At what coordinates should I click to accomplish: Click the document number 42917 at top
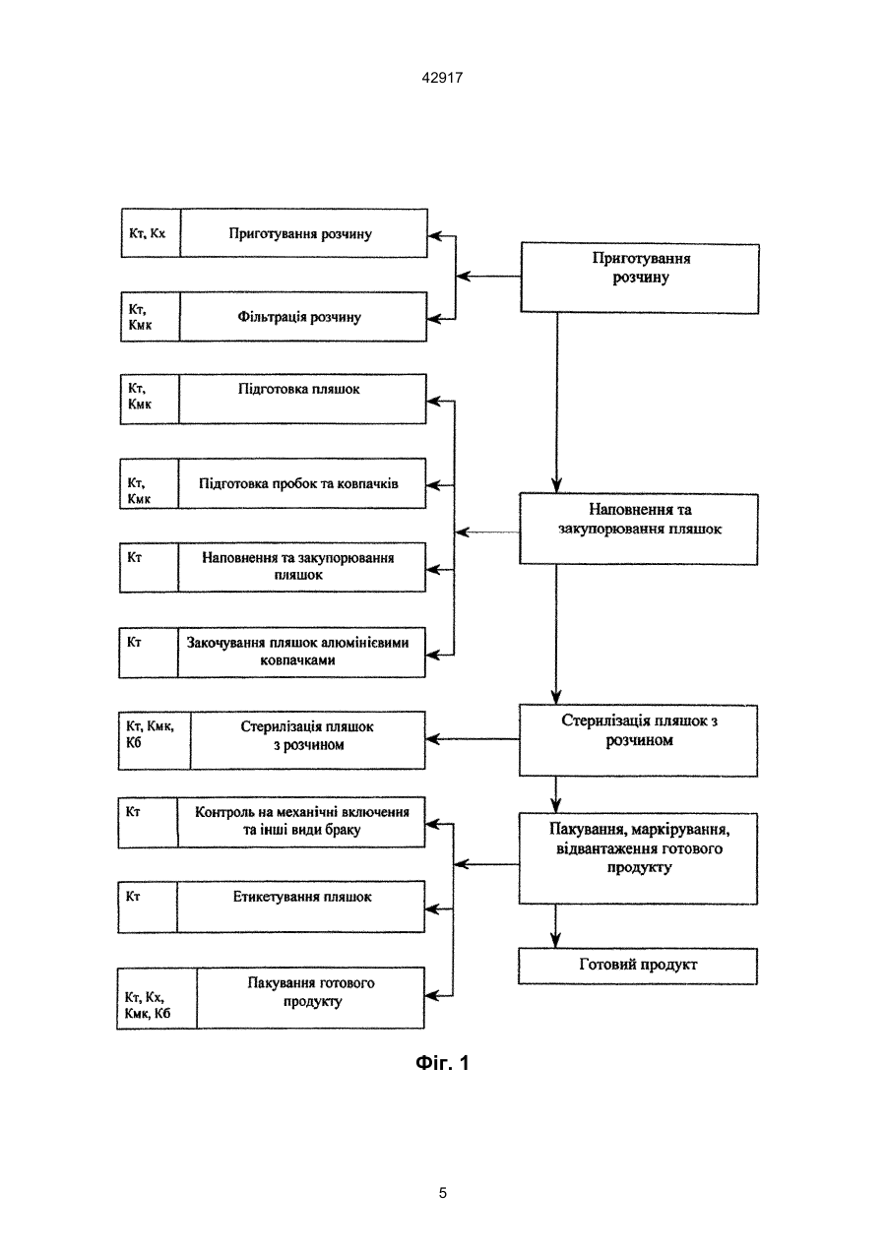coord(442,78)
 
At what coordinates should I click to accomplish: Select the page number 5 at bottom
coord(442,1193)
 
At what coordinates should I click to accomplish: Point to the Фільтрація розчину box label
coord(299,317)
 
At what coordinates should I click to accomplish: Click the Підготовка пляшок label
coord(298,390)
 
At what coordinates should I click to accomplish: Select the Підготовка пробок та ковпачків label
coord(298,484)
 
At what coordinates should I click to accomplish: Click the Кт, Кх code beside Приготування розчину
coord(147,233)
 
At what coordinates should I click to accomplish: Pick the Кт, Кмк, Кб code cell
coord(150,735)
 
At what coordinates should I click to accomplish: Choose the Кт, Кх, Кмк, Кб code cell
coord(148,1006)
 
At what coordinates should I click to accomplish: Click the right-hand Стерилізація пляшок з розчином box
coord(638,740)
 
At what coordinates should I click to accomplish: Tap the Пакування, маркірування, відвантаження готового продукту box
coord(638,858)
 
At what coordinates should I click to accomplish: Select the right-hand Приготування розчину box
coord(640,278)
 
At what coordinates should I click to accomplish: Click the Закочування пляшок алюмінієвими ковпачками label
coord(297,652)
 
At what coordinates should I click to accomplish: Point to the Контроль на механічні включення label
coord(302,812)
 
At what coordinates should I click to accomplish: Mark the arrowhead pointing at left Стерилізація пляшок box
coord(433,739)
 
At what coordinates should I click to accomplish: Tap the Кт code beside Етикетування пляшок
coord(133,897)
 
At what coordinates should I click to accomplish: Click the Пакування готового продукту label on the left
coord(311,992)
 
